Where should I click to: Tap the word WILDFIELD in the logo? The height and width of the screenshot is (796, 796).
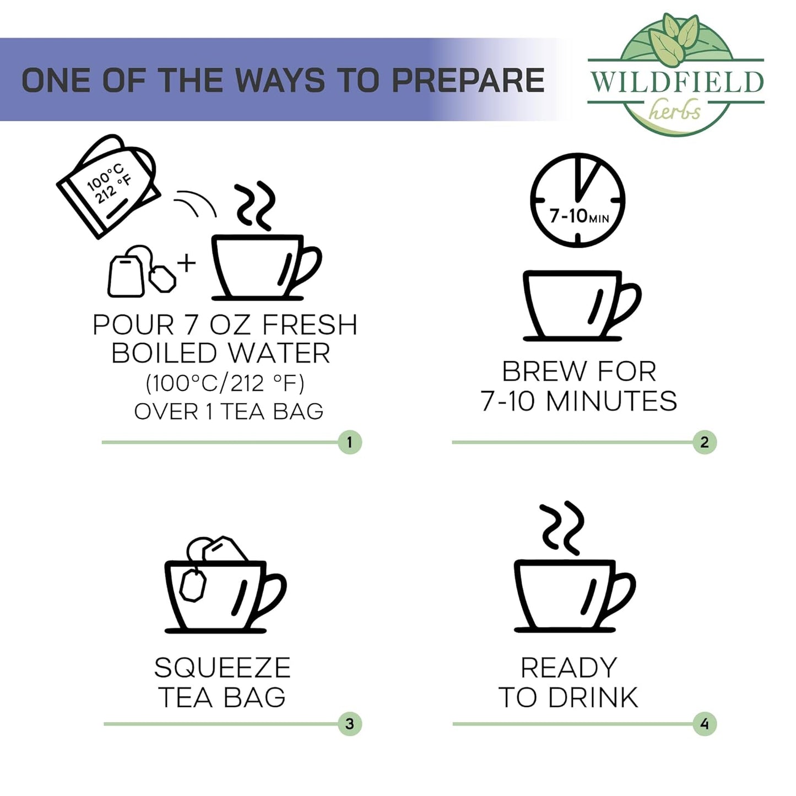[676, 82]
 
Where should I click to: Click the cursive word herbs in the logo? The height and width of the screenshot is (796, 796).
[675, 111]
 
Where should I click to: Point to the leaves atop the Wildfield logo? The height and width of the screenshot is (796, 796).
[673, 39]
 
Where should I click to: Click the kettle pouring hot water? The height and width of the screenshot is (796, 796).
[108, 186]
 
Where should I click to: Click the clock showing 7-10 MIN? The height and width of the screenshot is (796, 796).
[577, 200]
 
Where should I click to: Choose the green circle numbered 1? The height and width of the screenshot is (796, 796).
[349, 442]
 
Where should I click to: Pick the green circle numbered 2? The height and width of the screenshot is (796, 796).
[705, 442]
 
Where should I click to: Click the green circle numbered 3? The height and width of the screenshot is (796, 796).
[349, 724]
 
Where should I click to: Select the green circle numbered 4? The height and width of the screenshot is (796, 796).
[705, 724]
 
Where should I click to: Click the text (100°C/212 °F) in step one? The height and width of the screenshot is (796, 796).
[225, 384]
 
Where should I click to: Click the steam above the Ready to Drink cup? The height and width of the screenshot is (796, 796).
[562, 528]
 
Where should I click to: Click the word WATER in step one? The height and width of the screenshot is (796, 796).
[279, 353]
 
